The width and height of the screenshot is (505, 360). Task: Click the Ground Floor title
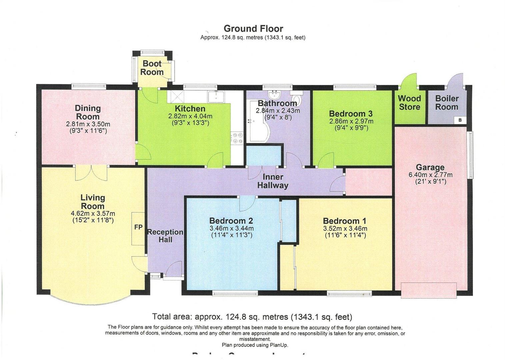(253, 29)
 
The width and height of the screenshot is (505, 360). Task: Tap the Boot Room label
(152, 68)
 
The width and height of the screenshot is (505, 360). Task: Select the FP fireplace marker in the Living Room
(138, 227)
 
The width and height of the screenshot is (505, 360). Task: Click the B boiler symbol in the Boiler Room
(460, 120)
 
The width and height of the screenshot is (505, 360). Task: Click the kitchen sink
(217, 97)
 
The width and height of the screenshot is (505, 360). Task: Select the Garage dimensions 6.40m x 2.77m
(430, 175)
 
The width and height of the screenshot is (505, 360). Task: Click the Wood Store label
(410, 103)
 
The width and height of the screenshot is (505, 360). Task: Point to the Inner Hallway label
(273, 181)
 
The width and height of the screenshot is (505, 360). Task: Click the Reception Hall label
(165, 236)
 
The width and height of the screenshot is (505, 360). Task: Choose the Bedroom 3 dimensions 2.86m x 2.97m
(351, 121)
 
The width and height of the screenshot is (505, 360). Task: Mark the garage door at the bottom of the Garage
(429, 290)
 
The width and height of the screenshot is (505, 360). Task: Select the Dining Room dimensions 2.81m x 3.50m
(88, 124)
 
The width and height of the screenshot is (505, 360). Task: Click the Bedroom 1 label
(344, 221)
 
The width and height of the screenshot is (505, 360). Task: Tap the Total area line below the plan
(252, 316)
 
